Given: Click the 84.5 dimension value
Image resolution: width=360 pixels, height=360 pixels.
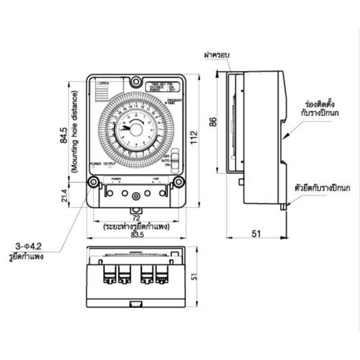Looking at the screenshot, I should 64,135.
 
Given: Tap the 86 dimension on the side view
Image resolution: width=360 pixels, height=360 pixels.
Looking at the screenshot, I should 213,121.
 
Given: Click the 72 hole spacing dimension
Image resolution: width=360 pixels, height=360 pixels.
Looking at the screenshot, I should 136,217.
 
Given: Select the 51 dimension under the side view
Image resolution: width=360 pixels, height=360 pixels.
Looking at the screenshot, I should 256,234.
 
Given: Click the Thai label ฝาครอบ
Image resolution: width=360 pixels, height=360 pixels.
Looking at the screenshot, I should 216,55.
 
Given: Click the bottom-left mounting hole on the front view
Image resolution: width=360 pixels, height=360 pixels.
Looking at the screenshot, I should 93,182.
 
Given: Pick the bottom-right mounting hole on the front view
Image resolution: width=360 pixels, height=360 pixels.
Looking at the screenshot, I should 178,182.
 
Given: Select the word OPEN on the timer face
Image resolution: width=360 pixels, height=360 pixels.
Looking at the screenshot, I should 104,83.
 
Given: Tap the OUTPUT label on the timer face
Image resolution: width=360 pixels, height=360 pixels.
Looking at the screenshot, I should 109,163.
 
